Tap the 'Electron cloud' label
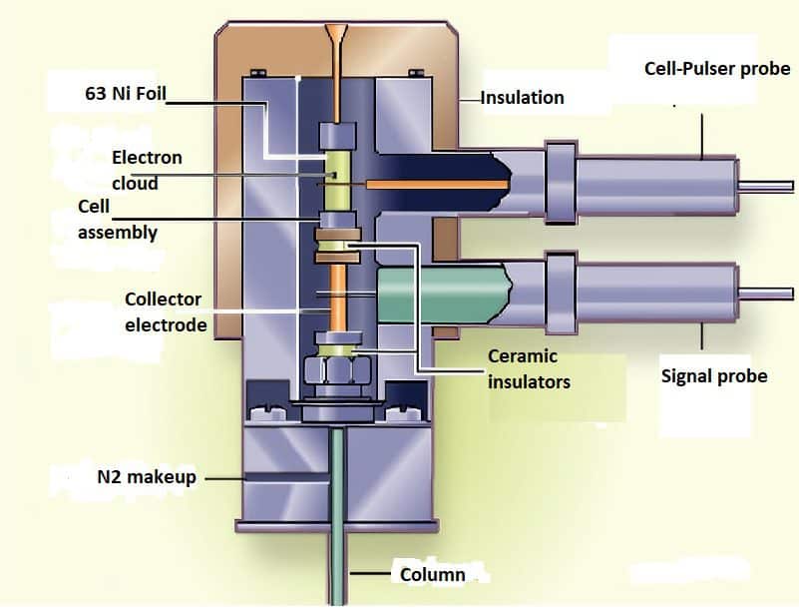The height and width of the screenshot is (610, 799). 147,170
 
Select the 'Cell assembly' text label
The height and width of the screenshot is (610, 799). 117,220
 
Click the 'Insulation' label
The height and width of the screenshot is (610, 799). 523,98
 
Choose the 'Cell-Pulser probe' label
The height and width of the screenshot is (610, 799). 717,69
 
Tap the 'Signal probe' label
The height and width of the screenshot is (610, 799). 714,375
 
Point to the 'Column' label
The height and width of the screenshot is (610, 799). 432,575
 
